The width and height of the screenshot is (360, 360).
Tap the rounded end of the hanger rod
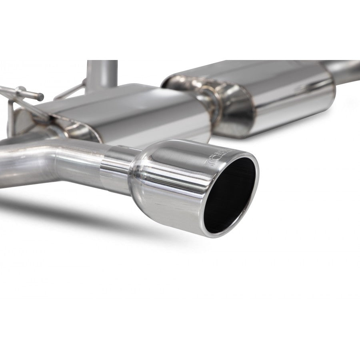(40, 97)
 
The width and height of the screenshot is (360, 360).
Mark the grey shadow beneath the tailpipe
(100, 212)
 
